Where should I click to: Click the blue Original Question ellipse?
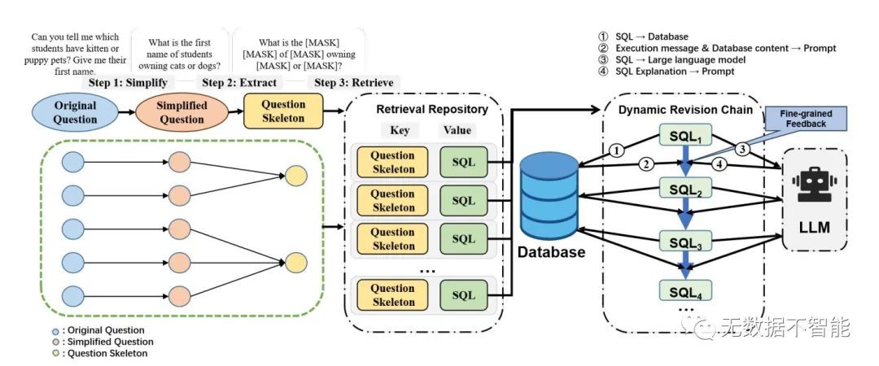point(76,112)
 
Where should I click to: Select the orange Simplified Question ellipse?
point(181,112)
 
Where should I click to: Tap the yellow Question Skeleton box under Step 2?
point(283,111)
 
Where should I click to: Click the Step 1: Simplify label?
point(127,83)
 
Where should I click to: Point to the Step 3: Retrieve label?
point(354,83)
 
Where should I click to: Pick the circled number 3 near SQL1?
point(742,150)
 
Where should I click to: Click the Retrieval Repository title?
point(431,109)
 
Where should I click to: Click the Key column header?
point(400,130)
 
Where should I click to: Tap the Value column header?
point(457,130)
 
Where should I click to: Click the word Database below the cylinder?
point(551,252)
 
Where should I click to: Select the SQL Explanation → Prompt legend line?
point(666,72)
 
